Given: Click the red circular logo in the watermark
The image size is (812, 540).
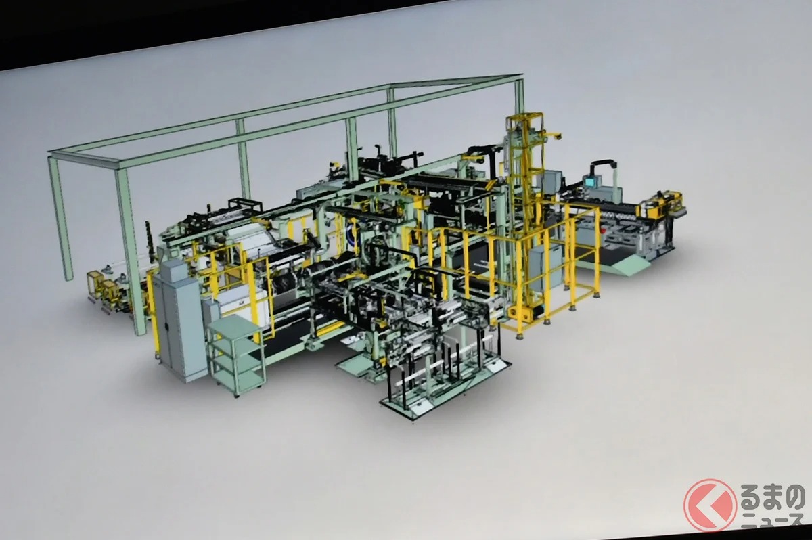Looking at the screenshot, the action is coord(710,505).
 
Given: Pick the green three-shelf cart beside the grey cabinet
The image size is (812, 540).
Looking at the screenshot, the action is coord(236,355).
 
